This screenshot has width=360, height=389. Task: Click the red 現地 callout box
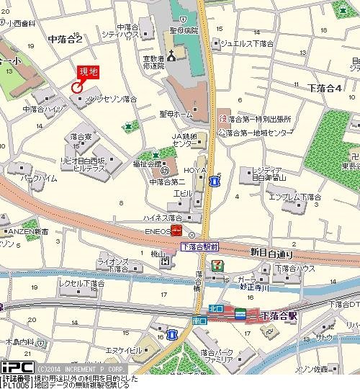click(88, 71)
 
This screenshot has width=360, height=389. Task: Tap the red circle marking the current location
click(76, 86)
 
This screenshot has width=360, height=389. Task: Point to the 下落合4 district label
click(323, 88)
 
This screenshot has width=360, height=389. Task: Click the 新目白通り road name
click(272, 253)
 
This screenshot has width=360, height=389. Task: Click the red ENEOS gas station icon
click(176, 231)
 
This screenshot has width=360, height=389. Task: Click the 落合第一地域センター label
click(258, 133)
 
